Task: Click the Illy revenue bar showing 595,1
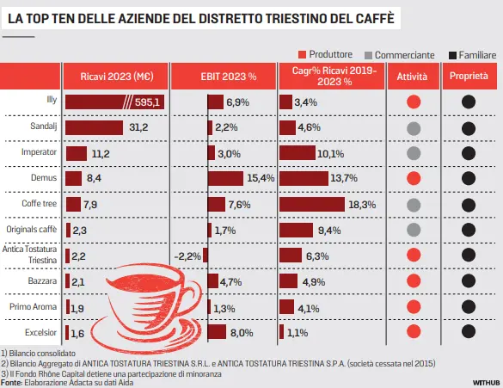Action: (x=114, y=102)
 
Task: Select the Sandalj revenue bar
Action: (x=94, y=127)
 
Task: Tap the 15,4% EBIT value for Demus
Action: (x=261, y=178)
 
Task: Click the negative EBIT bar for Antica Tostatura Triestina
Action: (x=205, y=256)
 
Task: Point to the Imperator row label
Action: (x=39, y=151)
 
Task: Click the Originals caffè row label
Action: (x=32, y=229)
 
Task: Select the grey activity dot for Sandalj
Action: (x=414, y=129)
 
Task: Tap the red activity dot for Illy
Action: (x=414, y=102)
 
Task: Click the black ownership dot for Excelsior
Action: (x=469, y=331)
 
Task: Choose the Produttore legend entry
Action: (x=325, y=54)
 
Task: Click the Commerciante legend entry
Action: (x=400, y=55)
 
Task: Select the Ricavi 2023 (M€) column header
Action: (x=117, y=77)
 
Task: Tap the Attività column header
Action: (x=413, y=77)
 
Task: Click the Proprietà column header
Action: (x=469, y=76)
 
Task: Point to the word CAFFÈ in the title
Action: (x=375, y=18)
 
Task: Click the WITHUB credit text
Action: (x=486, y=383)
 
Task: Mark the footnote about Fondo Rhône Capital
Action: (x=111, y=374)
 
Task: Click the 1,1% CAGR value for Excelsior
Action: (x=298, y=333)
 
